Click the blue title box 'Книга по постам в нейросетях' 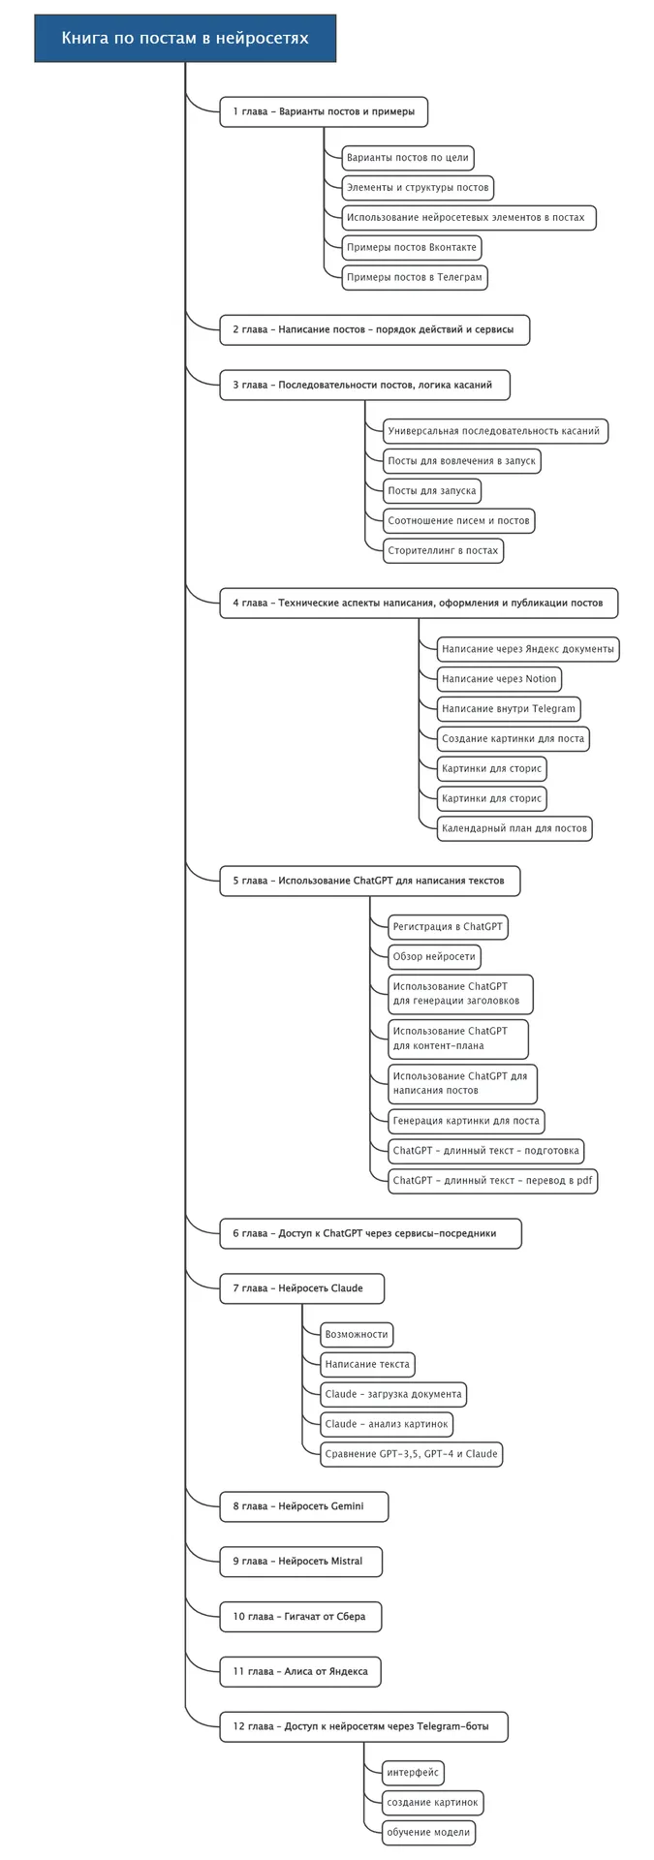185,39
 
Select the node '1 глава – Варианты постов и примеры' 324,111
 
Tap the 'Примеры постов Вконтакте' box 412,247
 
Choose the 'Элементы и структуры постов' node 418,187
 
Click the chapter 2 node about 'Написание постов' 374,329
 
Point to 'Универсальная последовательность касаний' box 493,431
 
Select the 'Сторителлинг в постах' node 443,550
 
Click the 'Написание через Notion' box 499,679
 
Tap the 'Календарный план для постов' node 514,828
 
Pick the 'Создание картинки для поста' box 513,738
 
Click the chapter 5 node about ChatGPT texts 369,881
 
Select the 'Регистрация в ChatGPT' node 448,927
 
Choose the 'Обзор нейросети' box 434,956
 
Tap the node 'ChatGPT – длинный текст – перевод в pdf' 492,1180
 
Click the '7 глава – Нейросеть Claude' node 301,1288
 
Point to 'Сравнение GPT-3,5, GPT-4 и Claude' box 412,1453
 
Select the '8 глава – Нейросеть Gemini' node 304,1506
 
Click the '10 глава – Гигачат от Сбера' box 300,1616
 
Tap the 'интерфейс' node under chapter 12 413,1773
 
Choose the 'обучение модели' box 428,1832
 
